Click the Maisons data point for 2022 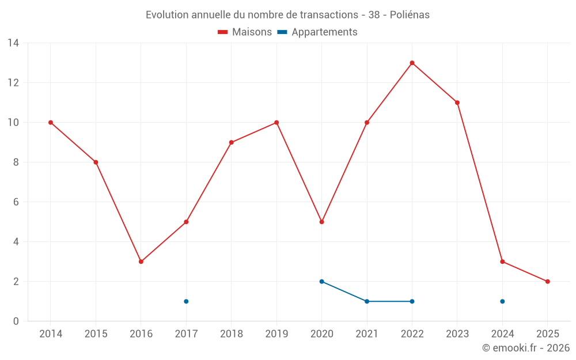pyautogui.click(x=412, y=63)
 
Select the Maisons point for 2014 pyautogui.click(x=51, y=122)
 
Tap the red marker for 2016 pyautogui.click(x=141, y=262)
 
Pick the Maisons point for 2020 pyautogui.click(x=321, y=222)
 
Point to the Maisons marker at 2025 pyautogui.click(x=547, y=282)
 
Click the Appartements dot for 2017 pyautogui.click(x=186, y=301)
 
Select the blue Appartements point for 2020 pyautogui.click(x=321, y=282)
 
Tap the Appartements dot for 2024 pyautogui.click(x=502, y=301)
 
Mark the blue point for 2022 pyautogui.click(x=412, y=301)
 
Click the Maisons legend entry pyautogui.click(x=245, y=32)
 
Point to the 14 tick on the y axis pyautogui.click(x=13, y=43)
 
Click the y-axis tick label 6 pyautogui.click(x=16, y=202)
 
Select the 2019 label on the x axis pyautogui.click(x=276, y=334)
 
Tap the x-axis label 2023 pyautogui.click(x=457, y=334)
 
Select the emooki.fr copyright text pyautogui.click(x=525, y=348)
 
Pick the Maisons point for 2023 pyautogui.click(x=457, y=103)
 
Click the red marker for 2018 pyautogui.click(x=231, y=142)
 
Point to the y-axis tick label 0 pyautogui.click(x=16, y=321)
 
